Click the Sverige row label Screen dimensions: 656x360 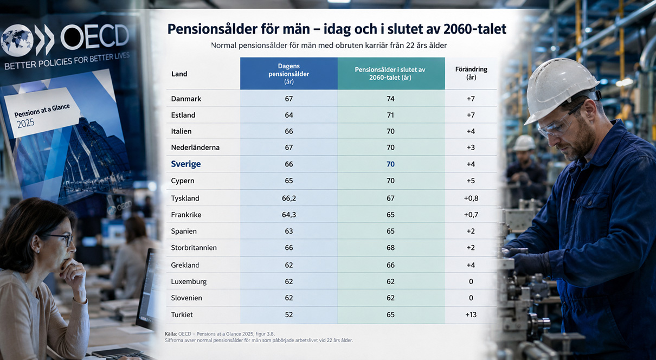click(185, 164)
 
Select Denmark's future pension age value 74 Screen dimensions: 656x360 click(390, 99)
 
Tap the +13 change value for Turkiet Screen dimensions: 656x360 click(471, 314)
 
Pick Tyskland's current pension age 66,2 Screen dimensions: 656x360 click(289, 198)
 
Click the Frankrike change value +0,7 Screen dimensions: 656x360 click(471, 215)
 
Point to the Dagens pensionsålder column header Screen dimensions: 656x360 click(289, 74)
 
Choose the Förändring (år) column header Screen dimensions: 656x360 click(471, 73)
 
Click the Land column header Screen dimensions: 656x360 click(179, 74)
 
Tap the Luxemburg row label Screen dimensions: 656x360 click(189, 282)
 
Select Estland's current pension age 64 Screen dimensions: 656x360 click(289, 115)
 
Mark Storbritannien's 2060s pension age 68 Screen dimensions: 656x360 click(390, 248)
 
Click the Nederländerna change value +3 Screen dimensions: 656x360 click(471, 147)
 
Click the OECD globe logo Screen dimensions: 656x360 click(16, 41)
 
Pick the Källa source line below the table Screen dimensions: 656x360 click(220, 334)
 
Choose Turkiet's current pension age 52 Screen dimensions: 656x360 click(289, 314)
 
